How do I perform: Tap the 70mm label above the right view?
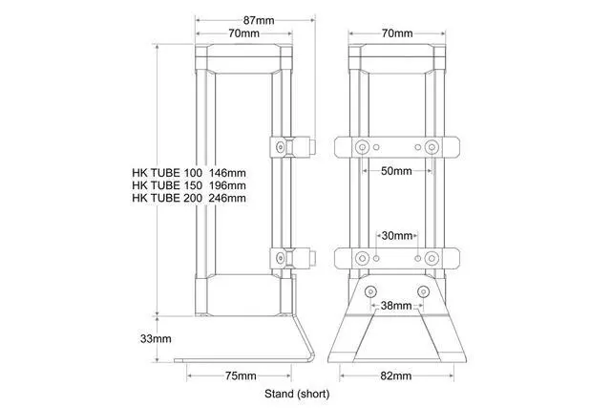(x=396, y=33)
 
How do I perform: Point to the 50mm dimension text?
(x=394, y=173)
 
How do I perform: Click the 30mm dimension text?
(x=396, y=235)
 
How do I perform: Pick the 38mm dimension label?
(x=396, y=307)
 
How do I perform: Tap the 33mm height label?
(x=156, y=338)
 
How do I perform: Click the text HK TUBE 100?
(x=167, y=173)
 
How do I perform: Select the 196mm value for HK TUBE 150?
(x=228, y=185)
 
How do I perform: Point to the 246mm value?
(x=228, y=198)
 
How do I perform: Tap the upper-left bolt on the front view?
(x=362, y=147)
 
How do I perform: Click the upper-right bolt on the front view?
(x=432, y=147)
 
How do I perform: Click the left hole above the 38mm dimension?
(x=371, y=290)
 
